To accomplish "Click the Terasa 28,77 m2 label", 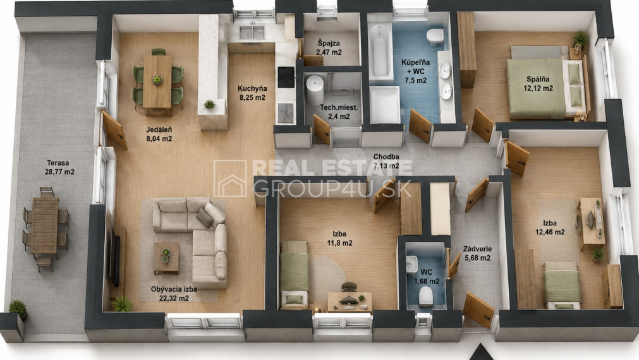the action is (x=59, y=167).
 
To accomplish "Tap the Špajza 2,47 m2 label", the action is (x=329, y=47).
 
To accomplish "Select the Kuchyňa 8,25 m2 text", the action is (x=252, y=93).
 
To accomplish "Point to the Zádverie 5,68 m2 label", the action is (x=477, y=253).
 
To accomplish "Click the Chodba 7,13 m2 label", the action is (x=386, y=161).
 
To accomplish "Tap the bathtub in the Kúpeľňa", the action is (x=380, y=51).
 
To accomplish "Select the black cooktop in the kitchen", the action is (x=286, y=77).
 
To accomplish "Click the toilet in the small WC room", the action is (x=426, y=296).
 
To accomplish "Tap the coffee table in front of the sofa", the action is (x=166, y=258).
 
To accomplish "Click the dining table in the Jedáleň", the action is (x=157, y=84).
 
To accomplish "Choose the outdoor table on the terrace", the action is (x=44, y=225).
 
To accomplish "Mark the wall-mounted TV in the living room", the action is (x=115, y=256).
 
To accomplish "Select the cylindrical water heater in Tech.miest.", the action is (x=315, y=89).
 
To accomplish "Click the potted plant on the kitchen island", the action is (x=209, y=105).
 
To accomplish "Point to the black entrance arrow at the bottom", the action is (x=481, y=352).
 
